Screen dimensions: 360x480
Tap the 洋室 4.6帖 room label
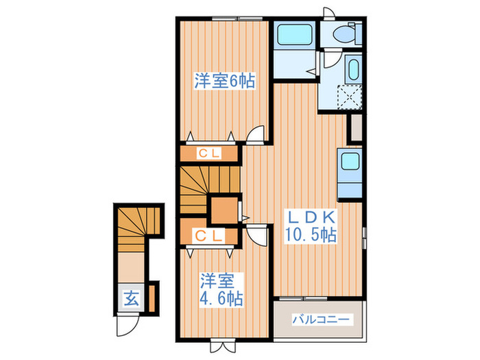pos(221,290)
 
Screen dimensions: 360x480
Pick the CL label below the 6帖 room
pos(209,154)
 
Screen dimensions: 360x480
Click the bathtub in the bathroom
pos(294,35)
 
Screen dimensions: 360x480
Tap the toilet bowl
pos(343,34)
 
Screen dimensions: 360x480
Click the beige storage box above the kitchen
pos(356,128)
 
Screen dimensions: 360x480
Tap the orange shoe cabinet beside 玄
pos(153,296)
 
